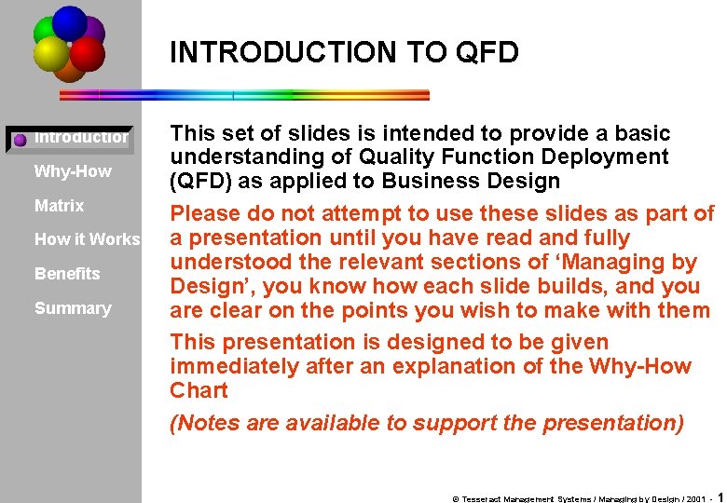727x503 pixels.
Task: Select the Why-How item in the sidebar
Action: click(x=73, y=171)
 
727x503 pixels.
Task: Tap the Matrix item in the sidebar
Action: click(x=59, y=206)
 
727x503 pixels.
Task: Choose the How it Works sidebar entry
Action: click(x=87, y=239)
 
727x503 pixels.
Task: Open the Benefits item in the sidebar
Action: click(x=67, y=274)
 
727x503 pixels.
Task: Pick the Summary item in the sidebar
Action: click(x=73, y=308)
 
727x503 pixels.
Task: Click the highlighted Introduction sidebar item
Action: click(x=81, y=138)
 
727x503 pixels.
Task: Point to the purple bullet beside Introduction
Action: click(x=20, y=141)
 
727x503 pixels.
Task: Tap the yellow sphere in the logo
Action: click(x=50, y=54)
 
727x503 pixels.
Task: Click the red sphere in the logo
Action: click(x=88, y=54)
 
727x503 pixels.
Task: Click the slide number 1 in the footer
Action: click(x=721, y=497)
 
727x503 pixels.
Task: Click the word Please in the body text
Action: click(x=206, y=214)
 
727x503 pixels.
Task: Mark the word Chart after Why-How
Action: click(x=199, y=390)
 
